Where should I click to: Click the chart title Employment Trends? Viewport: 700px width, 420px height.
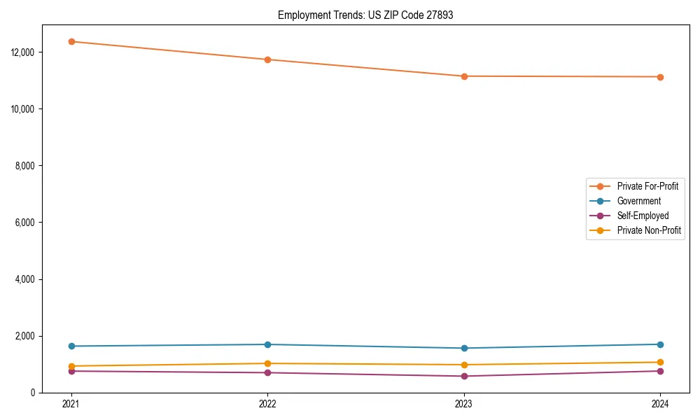pos(365,15)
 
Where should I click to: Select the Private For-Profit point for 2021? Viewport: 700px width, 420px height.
pos(71,41)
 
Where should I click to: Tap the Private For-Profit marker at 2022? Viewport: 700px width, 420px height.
pos(267,59)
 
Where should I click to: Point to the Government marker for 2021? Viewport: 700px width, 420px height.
pos(71,346)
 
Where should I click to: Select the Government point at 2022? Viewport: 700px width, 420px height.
pos(267,344)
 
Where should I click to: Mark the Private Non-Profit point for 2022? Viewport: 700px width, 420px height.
pos(267,363)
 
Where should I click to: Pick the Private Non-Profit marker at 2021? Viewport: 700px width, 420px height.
pos(71,366)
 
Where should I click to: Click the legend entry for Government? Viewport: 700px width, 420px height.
pos(638,201)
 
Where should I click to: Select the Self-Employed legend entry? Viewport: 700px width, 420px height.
pos(643,216)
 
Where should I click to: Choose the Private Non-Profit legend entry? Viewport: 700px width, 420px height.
pos(649,230)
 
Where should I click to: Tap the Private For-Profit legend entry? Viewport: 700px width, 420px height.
pos(647,186)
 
